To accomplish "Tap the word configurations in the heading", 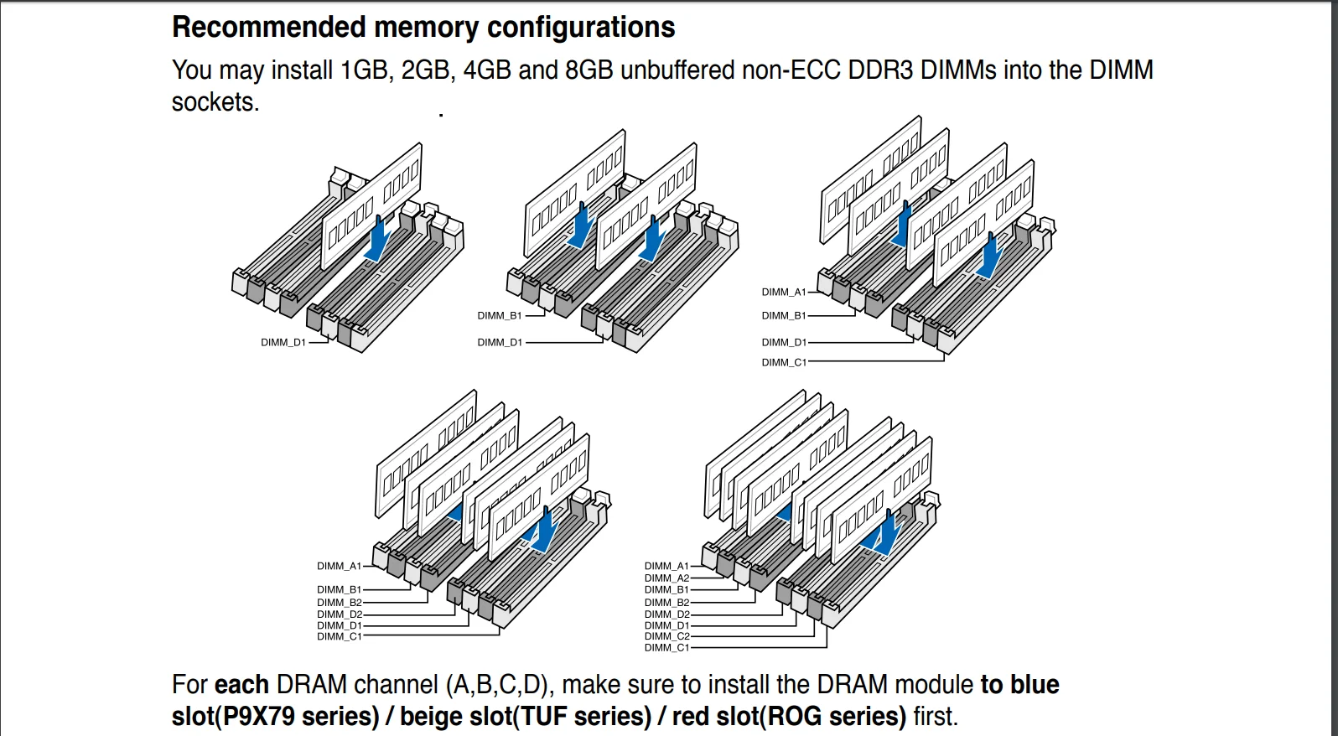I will pos(581,28).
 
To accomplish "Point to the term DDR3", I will pos(880,70).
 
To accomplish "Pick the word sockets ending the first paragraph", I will pos(214,102).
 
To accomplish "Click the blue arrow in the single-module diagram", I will pos(379,238).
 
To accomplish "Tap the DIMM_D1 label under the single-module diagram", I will pos(283,343).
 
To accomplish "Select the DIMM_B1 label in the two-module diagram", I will pos(500,316).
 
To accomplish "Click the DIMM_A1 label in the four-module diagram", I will pos(784,293).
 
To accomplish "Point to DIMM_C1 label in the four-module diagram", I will pos(784,363).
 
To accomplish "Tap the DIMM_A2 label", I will pos(666,578).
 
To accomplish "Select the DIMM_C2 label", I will pos(666,637).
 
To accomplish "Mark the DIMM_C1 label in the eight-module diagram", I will pos(666,648).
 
